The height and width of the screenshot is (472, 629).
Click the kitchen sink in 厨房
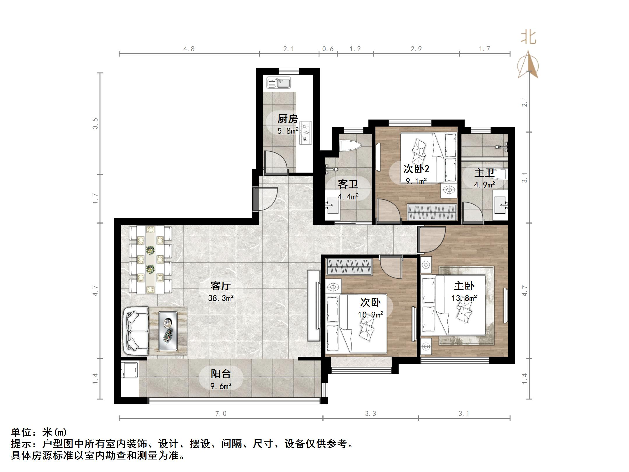[x=279, y=83]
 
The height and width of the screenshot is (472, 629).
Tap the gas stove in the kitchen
[x=305, y=133]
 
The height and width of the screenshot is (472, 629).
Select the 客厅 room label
[x=221, y=286]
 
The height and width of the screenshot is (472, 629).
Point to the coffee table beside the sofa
[x=168, y=331]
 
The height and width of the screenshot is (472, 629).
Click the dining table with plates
[x=150, y=259]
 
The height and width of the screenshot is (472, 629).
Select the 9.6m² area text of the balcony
[x=221, y=386]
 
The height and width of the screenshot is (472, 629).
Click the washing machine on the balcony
[x=129, y=370]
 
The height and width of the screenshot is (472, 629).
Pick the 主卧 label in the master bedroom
[x=464, y=286]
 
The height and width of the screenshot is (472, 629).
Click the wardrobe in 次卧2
[x=432, y=212]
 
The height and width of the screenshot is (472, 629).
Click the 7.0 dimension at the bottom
[x=220, y=413]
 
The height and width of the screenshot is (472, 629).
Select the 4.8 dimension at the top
[x=189, y=49]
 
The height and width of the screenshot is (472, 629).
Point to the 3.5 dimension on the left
[x=95, y=123]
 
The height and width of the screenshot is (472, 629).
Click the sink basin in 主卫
[x=500, y=205]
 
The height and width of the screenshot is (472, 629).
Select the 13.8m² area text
[x=464, y=298]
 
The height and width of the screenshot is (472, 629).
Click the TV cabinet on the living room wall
[x=314, y=306]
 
